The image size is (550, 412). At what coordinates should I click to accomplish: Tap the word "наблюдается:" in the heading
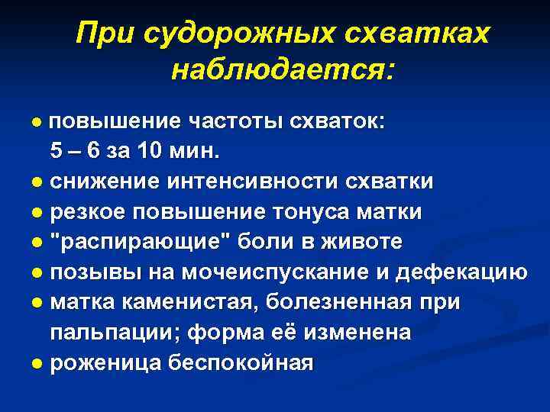tap(283, 70)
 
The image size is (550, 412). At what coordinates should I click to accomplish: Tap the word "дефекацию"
tap(473, 272)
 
